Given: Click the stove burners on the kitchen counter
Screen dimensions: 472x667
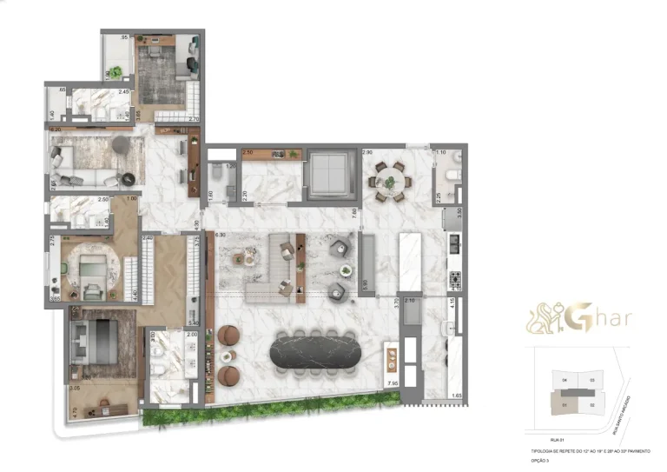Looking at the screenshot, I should click(x=453, y=280).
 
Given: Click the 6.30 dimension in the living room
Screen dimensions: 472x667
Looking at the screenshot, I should click(x=220, y=235).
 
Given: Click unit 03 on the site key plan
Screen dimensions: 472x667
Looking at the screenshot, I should click(x=591, y=380).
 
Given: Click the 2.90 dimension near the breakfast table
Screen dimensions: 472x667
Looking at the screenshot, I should click(x=367, y=152).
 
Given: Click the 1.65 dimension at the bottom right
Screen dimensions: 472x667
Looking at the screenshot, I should click(x=457, y=396).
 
